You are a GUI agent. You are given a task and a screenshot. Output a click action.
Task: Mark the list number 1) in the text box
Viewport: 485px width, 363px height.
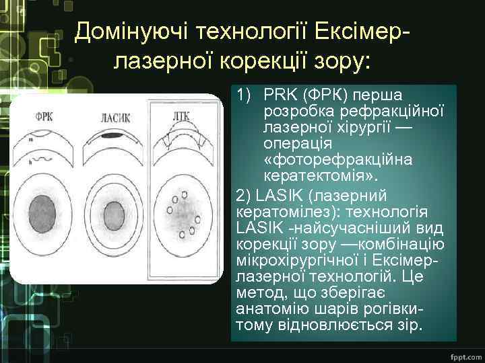coord(245,95)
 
